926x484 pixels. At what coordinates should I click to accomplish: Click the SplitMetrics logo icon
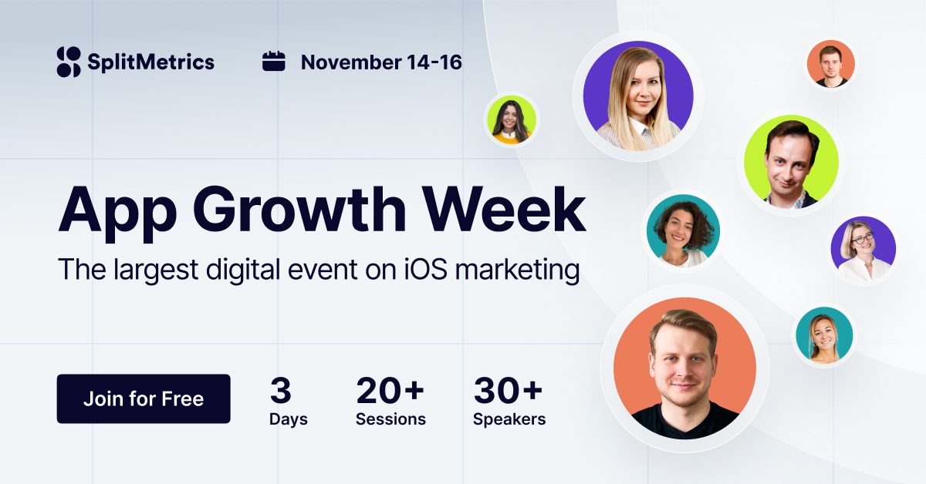(69, 62)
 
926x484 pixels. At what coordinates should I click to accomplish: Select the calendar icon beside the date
(274, 61)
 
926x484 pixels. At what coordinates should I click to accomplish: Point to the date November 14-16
(381, 62)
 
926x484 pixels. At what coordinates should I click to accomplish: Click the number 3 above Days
(280, 391)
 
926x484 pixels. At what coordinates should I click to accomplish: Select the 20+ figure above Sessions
(390, 391)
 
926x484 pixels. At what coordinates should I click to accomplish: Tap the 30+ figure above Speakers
(508, 391)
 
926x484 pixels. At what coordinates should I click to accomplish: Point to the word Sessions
(390, 419)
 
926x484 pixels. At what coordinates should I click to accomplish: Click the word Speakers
(509, 419)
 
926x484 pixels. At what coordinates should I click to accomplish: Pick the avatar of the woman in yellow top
(511, 120)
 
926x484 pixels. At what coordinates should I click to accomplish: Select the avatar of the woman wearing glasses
(863, 250)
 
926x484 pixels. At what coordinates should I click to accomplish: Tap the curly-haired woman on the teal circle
(682, 230)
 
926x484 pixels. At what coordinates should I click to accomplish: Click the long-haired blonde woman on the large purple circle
(638, 96)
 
